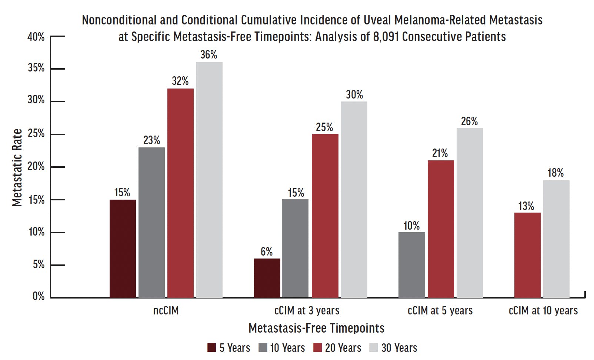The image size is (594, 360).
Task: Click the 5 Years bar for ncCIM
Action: pyautogui.click(x=123, y=248)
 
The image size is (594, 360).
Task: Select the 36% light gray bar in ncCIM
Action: pyautogui.click(x=209, y=180)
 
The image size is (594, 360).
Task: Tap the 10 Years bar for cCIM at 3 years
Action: pyautogui.click(x=295, y=248)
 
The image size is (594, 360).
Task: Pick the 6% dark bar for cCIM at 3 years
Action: pyautogui.click(x=267, y=278)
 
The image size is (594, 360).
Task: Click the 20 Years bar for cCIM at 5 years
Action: pyautogui.click(x=440, y=229)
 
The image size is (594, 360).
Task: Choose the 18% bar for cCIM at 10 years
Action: pyautogui.click(x=556, y=239)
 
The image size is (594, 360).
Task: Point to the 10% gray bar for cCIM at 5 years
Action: pyautogui.click(x=411, y=265)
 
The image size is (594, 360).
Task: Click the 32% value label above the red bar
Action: pyautogui.click(x=180, y=81)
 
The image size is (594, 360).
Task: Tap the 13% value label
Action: pyautogui.click(x=526, y=206)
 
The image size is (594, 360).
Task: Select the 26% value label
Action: pyautogui.click(x=469, y=121)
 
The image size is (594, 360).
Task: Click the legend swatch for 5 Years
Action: pyautogui.click(x=212, y=348)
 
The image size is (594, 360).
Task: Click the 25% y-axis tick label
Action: pyautogui.click(x=36, y=134)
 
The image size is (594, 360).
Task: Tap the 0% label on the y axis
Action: pyautogui.click(x=39, y=296)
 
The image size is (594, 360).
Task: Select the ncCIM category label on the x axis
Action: pyautogui.click(x=166, y=310)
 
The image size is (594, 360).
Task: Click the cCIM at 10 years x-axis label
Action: pyautogui.click(x=543, y=310)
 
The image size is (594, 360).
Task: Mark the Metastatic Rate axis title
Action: pyautogui.click(x=17, y=167)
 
